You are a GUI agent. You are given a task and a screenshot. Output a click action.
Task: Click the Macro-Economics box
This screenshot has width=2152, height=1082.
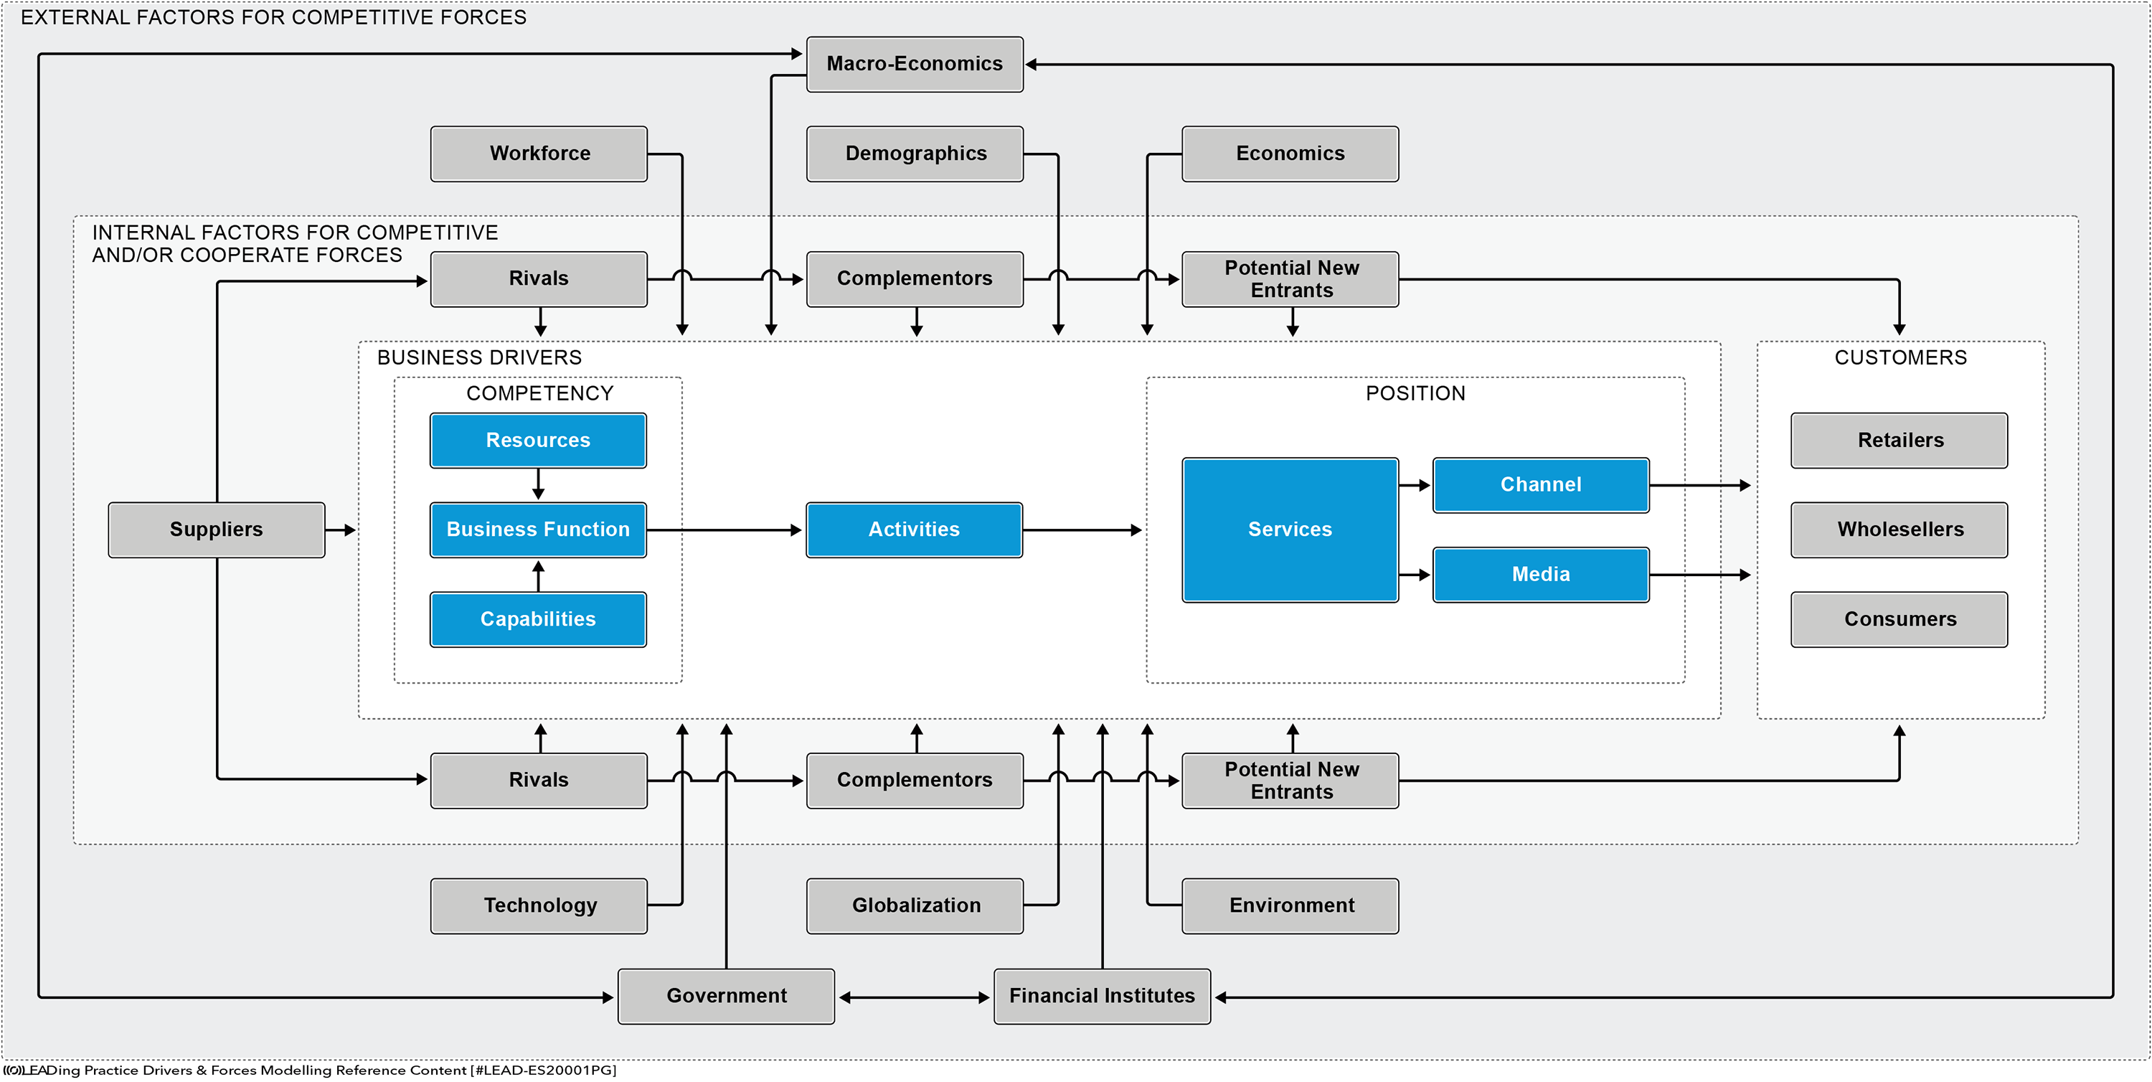915,65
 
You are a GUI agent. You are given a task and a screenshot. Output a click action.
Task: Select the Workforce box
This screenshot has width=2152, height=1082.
539,154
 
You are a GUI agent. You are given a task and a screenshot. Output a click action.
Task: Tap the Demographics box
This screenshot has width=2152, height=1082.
915,154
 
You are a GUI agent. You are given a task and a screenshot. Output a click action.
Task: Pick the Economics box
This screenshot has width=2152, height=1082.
1290,154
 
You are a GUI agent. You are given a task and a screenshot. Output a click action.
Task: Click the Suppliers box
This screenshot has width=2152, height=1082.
217,530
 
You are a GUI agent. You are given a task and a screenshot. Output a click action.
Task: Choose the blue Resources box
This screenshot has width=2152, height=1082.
538,441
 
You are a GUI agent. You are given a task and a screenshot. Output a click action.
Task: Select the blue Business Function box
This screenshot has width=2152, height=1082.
538,530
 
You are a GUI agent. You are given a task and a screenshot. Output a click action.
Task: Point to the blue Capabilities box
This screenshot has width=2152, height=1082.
538,619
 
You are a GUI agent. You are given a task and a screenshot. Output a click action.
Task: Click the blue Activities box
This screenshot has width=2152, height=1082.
914,530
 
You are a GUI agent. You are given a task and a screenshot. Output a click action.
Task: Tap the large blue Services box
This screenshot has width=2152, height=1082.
1290,530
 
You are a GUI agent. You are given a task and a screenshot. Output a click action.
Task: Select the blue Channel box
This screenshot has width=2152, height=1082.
1541,484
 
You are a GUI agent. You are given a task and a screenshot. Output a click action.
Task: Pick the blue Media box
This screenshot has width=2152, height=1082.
1541,575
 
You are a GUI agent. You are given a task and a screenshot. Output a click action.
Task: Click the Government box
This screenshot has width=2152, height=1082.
726,996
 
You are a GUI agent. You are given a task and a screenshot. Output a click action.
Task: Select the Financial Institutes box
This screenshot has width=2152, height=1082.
1102,996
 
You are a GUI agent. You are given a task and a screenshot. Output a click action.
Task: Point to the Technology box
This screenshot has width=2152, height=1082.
539,905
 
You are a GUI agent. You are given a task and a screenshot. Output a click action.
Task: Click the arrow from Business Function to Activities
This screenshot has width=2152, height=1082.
725,530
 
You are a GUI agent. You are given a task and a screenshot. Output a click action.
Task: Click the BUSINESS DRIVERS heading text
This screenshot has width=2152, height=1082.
479,357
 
